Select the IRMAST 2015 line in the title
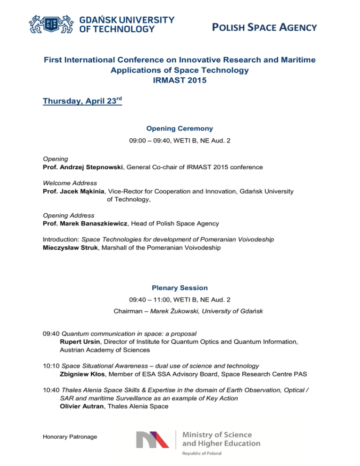[180, 80]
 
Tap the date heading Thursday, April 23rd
[82, 101]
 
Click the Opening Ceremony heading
[180, 128]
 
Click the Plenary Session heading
[180, 287]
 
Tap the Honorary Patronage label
[70, 436]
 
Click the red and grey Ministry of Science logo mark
[152, 439]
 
